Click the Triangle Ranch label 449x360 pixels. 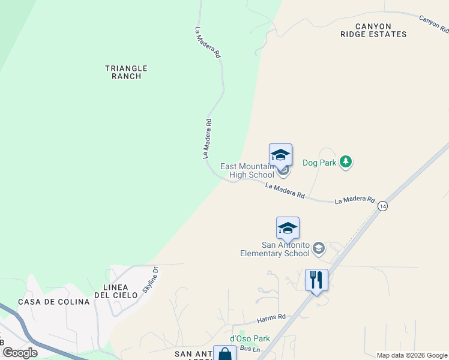click(126, 73)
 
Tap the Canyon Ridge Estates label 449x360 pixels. click(373, 31)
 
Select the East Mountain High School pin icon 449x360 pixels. click(281, 156)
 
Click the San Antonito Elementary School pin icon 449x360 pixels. click(288, 229)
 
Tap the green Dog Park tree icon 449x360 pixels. click(345, 162)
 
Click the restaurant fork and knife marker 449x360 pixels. click(316, 280)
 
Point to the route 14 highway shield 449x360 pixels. click(382, 206)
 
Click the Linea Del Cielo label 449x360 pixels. click(113, 291)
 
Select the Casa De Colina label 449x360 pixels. click(53, 302)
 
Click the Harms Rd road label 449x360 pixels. click(271, 317)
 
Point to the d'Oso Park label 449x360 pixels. click(250, 338)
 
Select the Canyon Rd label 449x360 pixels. click(433, 24)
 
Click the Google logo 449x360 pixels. click(20, 353)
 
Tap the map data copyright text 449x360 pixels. click(411, 355)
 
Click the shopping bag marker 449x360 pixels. click(224, 354)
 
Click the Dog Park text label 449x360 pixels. click(319, 163)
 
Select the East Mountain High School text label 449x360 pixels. click(247, 170)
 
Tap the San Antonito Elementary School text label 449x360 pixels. click(286, 249)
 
